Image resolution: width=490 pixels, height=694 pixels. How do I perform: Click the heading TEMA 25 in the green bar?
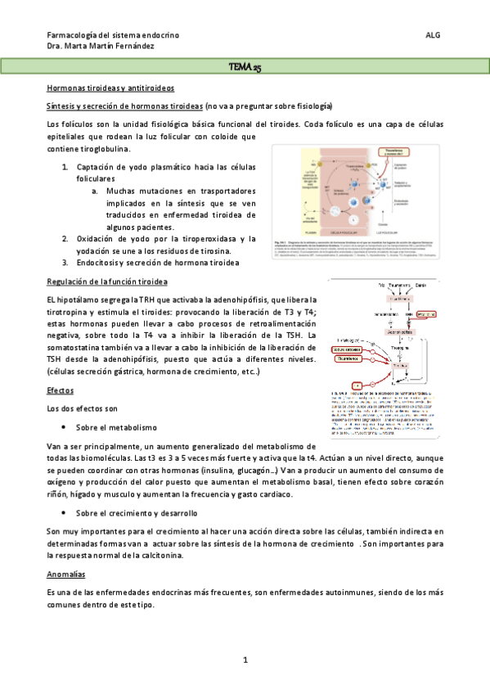coord(245,67)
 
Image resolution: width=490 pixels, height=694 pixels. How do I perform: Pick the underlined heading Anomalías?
coord(66,575)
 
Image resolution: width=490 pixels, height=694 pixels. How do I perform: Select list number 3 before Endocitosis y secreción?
coord(65,263)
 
